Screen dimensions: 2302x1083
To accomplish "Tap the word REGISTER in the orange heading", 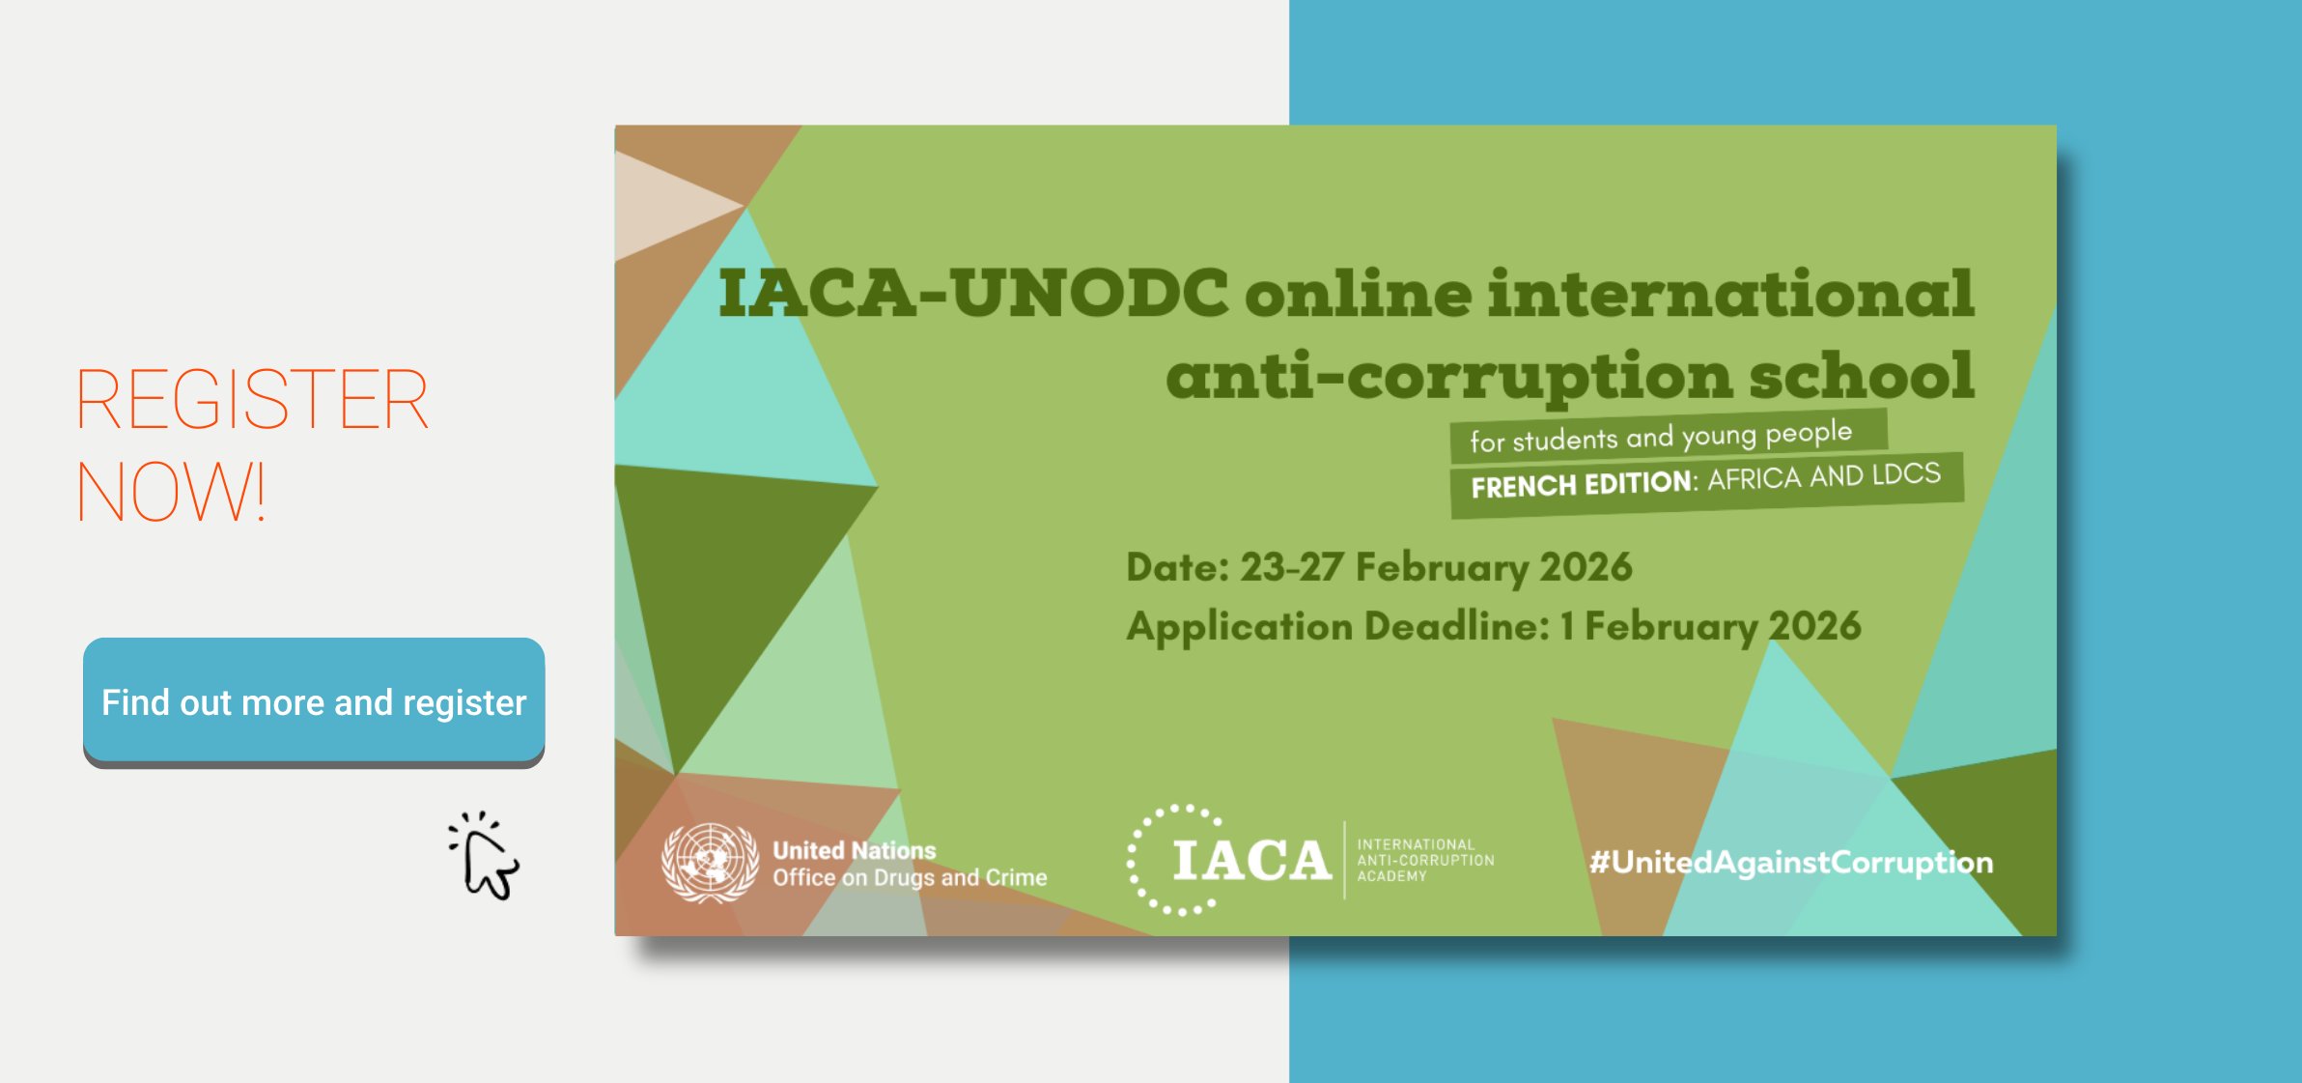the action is [x=252, y=399].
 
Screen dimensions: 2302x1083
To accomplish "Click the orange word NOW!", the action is [x=171, y=492].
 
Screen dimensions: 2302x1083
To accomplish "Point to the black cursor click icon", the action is [x=484, y=856].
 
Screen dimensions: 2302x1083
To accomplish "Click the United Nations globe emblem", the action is [x=710, y=863].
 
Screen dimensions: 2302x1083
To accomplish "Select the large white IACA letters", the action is [x=1252, y=861].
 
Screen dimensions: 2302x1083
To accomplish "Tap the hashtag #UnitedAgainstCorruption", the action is [x=1791, y=863].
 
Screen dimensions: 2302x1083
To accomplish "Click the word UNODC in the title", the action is [x=1090, y=293].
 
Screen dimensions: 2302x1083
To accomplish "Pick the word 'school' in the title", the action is [x=1862, y=375].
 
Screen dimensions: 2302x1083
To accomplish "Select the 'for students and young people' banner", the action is [x=1669, y=436].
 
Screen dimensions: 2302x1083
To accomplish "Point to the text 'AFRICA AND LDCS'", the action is [x=1824, y=476].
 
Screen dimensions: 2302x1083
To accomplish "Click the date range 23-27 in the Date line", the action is [x=1291, y=567].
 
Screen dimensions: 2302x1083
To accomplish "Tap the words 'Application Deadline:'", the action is [x=1338, y=627].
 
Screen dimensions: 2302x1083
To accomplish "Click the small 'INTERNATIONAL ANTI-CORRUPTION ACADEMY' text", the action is [x=1425, y=860].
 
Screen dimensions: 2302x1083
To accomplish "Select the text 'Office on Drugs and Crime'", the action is [x=910, y=877].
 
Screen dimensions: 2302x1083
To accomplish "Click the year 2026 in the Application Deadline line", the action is [x=1814, y=626].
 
